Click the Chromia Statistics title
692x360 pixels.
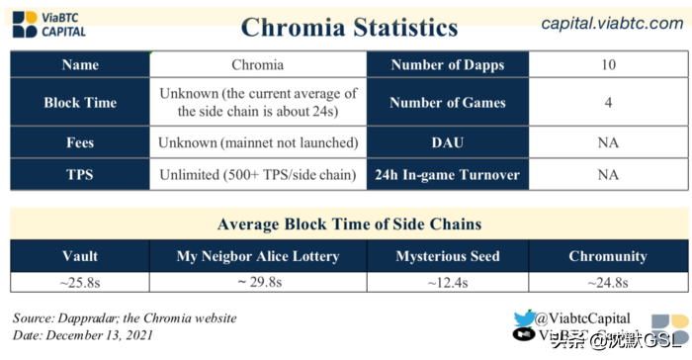[349, 26]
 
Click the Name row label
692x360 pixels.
[80, 65]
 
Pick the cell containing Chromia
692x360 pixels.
[258, 65]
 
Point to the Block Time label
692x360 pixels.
[80, 103]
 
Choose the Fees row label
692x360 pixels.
[80, 141]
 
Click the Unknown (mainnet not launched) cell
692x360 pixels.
[258, 141]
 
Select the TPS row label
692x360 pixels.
[80, 175]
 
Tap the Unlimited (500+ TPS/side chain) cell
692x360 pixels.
[258, 175]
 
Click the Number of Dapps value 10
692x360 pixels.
[608, 65]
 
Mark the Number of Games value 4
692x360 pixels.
[608, 103]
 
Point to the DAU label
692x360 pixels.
[448, 141]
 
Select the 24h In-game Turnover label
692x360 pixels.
[448, 175]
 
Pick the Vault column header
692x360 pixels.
[80, 256]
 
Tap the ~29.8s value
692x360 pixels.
[258, 282]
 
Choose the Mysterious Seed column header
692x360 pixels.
[448, 256]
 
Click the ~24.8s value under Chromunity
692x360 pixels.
[608, 282]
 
